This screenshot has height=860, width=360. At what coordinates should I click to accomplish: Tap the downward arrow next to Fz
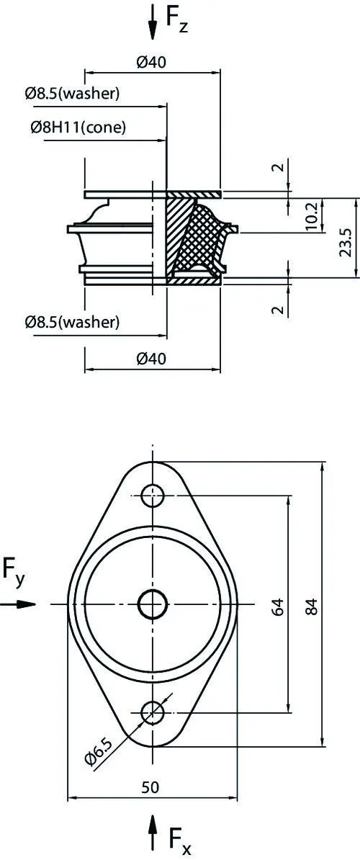(153, 22)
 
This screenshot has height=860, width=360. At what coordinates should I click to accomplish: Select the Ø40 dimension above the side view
(150, 63)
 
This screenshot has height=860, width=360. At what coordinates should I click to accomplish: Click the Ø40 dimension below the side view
(150, 359)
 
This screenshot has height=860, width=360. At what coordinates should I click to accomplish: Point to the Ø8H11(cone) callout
(78, 127)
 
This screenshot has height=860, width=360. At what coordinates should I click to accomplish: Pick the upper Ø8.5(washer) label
(72, 94)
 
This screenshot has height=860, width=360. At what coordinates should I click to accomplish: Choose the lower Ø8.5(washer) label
(72, 321)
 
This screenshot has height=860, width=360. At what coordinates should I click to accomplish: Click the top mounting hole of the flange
(153, 496)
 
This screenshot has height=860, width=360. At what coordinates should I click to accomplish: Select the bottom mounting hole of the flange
(153, 712)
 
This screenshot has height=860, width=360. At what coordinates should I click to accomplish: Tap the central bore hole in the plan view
(153, 604)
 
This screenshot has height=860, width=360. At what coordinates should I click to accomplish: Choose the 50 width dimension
(150, 787)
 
